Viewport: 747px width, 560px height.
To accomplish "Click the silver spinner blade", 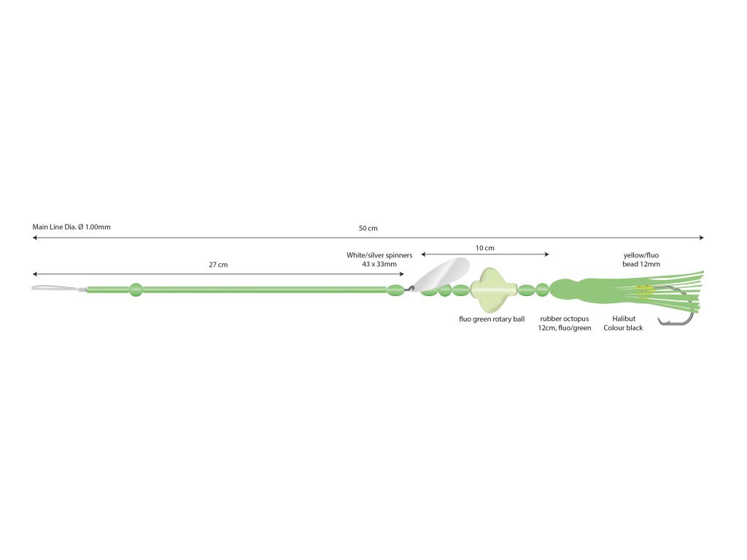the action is coord(441,274).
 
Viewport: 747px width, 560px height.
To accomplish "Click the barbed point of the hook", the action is coord(659,319).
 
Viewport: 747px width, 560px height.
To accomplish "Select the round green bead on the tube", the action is coord(136,289).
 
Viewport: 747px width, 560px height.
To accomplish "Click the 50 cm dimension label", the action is coord(368,228).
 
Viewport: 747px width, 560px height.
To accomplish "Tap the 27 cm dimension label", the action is coord(218,265).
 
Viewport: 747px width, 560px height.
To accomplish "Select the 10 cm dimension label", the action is coord(485,248).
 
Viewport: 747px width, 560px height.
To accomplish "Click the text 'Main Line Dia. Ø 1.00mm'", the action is coord(71,227).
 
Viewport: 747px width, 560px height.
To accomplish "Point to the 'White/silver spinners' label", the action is coord(379,255).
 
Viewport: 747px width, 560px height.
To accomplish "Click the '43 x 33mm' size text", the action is coord(379,264).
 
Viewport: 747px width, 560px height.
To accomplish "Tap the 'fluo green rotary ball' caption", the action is coord(492,319).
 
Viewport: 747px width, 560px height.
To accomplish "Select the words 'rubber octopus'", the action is coord(565,319).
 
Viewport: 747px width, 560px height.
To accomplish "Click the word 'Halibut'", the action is coord(624,319).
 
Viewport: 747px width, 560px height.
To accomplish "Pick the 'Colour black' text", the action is coord(623,328).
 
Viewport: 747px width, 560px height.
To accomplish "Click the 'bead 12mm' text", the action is coord(641,264).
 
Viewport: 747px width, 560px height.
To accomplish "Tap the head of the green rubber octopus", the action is coord(567,289).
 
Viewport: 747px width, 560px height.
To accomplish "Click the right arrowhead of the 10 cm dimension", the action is coord(547,254).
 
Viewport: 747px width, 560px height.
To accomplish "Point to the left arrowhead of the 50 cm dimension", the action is coord(34,238).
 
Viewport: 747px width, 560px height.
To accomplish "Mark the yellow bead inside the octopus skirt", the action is coord(644,289).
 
